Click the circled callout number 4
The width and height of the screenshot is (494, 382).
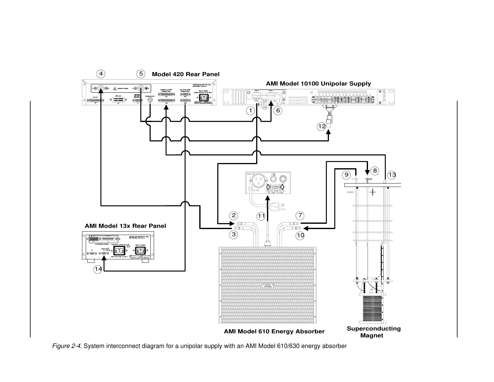pyautogui.click(x=100, y=74)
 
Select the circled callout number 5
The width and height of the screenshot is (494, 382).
pyautogui.click(x=141, y=74)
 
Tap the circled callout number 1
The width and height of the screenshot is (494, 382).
pyautogui.click(x=250, y=110)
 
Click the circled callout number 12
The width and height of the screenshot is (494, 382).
pyautogui.click(x=322, y=126)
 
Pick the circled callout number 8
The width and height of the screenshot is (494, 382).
pyautogui.click(x=375, y=170)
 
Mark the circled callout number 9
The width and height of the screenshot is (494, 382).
pyautogui.click(x=346, y=174)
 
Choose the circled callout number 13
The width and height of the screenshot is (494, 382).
pyautogui.click(x=392, y=174)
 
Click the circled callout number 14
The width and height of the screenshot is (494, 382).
pyautogui.click(x=98, y=269)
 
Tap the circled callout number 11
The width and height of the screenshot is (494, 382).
pyautogui.click(x=261, y=216)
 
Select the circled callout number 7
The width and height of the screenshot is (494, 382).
pyautogui.click(x=300, y=215)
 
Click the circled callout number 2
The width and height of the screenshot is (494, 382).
pyautogui.click(x=234, y=215)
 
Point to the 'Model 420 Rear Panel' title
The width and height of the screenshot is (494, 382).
pyautogui.click(x=186, y=74)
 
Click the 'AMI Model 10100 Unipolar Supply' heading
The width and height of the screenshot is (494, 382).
pyautogui.click(x=318, y=84)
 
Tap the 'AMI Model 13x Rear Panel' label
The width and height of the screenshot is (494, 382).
pyautogui.click(x=125, y=226)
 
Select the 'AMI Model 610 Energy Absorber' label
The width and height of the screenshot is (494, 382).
pyautogui.click(x=274, y=331)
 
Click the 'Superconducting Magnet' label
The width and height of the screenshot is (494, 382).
pyautogui.click(x=374, y=332)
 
